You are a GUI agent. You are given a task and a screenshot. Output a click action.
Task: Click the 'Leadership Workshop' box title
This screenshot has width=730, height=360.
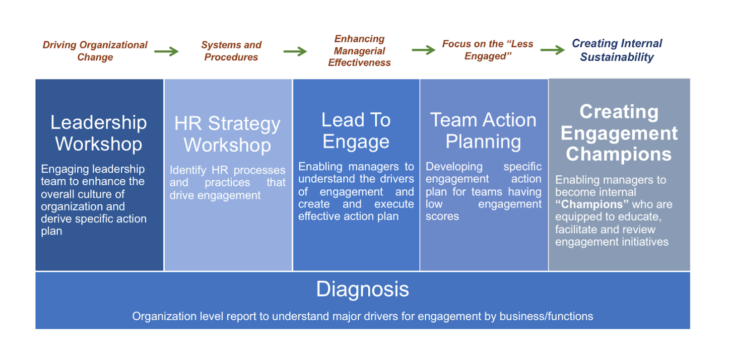[98, 133]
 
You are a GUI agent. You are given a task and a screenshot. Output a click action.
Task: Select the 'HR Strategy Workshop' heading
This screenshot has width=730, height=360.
[227, 134]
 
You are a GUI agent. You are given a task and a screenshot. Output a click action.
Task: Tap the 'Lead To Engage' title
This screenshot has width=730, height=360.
[356, 130]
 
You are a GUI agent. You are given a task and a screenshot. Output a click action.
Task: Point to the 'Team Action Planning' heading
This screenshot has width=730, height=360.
[483, 130]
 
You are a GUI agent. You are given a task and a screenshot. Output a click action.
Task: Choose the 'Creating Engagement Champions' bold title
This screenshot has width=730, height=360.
[619, 132]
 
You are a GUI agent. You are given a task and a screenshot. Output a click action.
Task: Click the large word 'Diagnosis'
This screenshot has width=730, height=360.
[362, 289]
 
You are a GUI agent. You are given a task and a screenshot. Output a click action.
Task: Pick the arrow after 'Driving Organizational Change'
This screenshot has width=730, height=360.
[167, 51]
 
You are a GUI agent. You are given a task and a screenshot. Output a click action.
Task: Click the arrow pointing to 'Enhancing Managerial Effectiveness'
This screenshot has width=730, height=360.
[295, 51]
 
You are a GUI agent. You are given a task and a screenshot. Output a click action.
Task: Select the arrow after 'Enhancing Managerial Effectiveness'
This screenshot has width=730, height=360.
[424, 50]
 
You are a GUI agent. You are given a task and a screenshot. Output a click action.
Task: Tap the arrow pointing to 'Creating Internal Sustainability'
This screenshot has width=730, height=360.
[553, 50]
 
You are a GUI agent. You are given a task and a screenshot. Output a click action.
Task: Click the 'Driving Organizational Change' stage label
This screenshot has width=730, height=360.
[95, 51]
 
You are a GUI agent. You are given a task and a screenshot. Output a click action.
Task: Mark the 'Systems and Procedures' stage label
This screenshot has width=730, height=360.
[231, 51]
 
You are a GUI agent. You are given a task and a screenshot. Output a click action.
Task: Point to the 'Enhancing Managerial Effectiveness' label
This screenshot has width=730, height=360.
[359, 50]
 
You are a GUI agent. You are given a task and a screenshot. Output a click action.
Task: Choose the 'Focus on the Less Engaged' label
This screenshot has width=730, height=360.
[488, 50]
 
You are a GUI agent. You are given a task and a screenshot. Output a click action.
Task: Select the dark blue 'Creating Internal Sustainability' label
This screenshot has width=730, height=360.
[617, 50]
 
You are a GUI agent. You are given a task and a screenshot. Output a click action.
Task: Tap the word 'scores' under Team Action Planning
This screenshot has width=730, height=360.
[442, 216]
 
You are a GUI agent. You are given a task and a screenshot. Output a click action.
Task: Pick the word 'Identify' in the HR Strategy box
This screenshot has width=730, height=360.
[188, 170]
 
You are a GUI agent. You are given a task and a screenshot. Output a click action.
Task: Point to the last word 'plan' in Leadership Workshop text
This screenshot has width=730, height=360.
[51, 231]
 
